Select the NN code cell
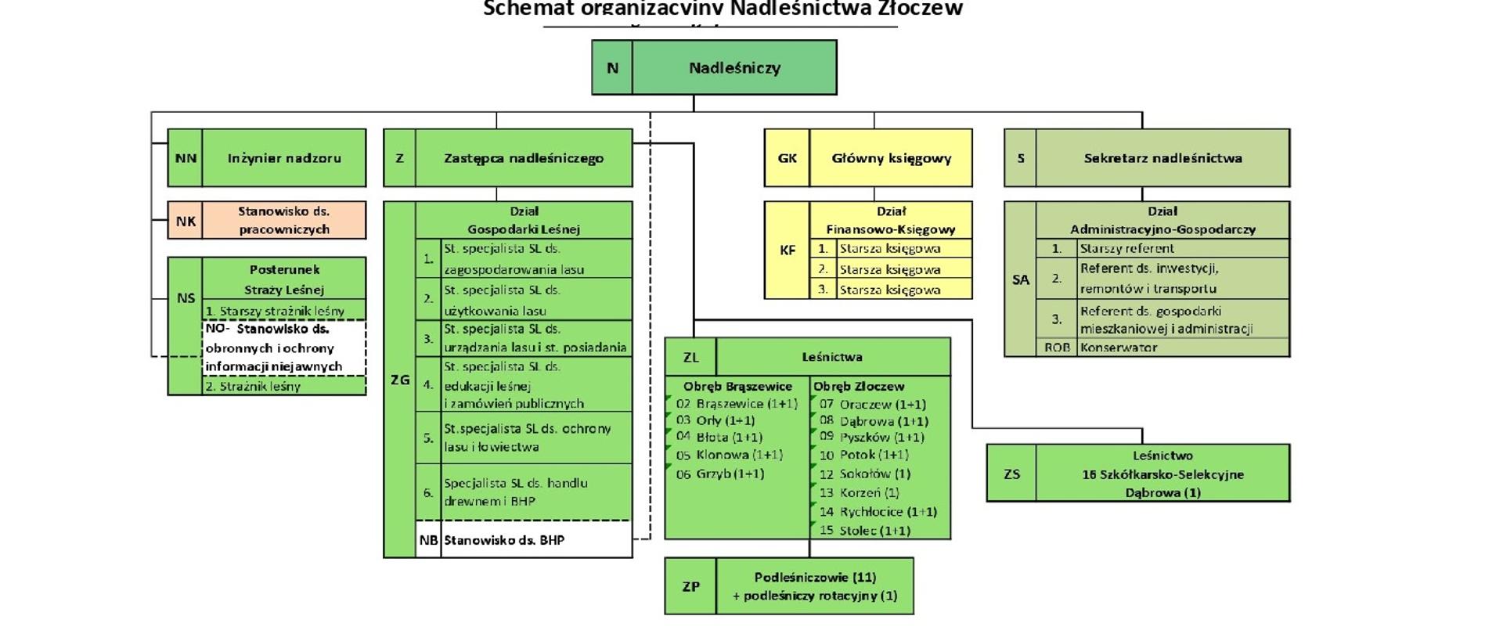tap(186, 158)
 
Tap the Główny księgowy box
tap(891, 158)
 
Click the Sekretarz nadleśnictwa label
tap(1162, 158)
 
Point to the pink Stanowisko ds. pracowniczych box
tap(283, 221)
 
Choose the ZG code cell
tap(399, 380)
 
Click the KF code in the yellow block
tap(788, 250)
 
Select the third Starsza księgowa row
tap(890, 290)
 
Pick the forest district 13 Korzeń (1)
tap(859, 493)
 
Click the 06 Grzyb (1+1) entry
tap(719, 474)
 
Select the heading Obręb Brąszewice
tap(737, 387)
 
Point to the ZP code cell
tap(690, 586)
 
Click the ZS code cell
tap(1011, 474)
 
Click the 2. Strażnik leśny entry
tap(253, 387)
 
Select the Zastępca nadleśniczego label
tap(524, 158)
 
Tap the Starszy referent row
tap(1126, 249)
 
